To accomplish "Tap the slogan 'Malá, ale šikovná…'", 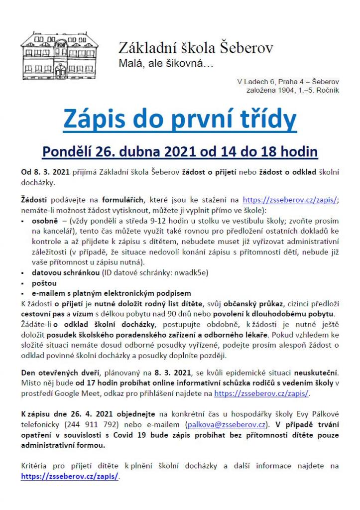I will pos(159,64).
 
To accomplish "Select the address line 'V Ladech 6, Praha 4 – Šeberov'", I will pos(288,83).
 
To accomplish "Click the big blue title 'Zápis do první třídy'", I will pos(180,120).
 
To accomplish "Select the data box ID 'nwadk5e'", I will pos(190,273).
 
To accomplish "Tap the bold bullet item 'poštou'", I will pos(44,283).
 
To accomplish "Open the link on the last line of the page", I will pos(70,476).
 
